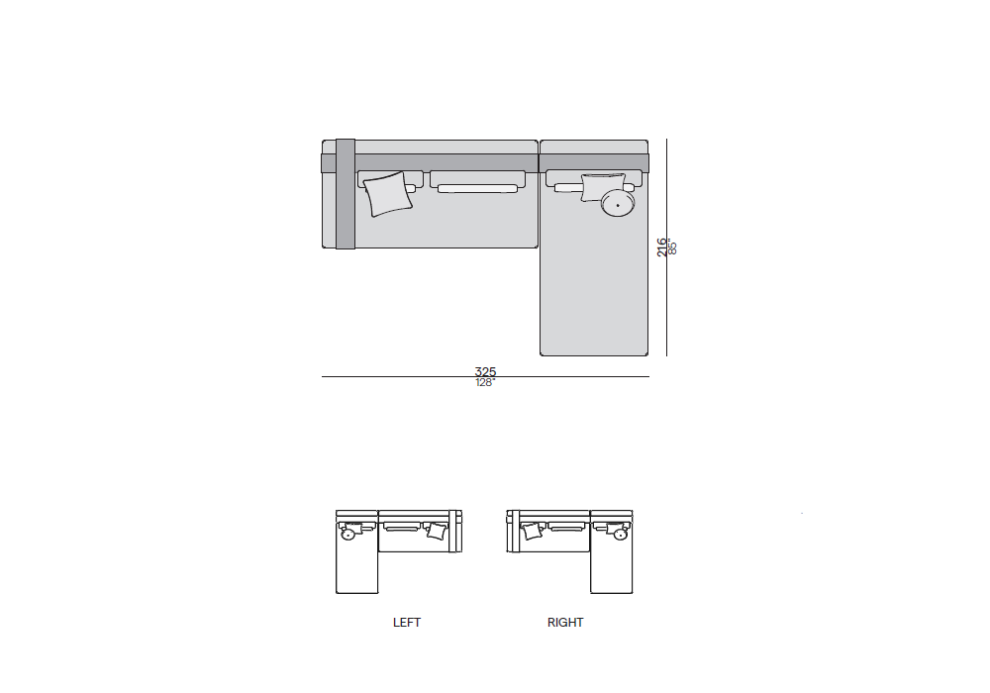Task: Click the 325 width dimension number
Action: point(485,372)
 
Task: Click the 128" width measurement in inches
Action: point(485,382)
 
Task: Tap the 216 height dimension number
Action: point(661,247)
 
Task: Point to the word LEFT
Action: point(407,623)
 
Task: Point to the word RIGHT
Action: point(565,623)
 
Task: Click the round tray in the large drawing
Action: point(618,203)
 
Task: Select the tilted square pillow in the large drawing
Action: point(388,194)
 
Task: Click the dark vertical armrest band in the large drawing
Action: point(346,194)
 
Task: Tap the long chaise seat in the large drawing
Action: point(593,284)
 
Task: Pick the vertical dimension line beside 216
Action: point(666,247)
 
